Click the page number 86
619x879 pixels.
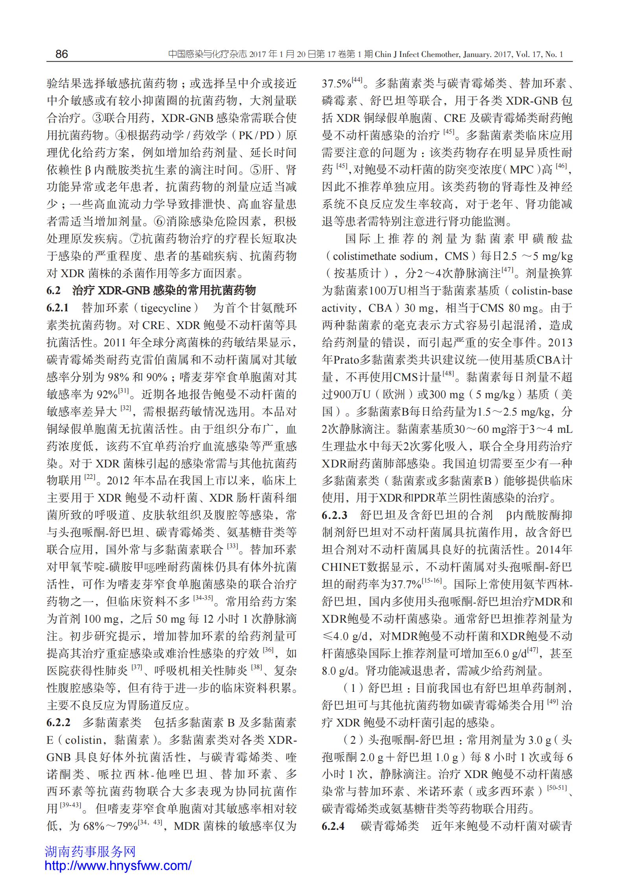click(x=62, y=54)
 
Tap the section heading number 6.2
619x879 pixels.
click(x=53, y=291)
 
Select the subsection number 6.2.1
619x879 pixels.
click(x=57, y=308)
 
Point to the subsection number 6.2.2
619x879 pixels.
click(x=58, y=723)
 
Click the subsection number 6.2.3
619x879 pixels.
click(x=334, y=515)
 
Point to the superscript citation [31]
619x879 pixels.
click(x=123, y=391)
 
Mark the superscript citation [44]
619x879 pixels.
click(x=357, y=80)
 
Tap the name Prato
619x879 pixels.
click(x=345, y=360)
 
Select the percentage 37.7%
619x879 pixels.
click(x=407, y=585)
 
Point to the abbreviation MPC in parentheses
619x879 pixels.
click(x=522, y=169)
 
